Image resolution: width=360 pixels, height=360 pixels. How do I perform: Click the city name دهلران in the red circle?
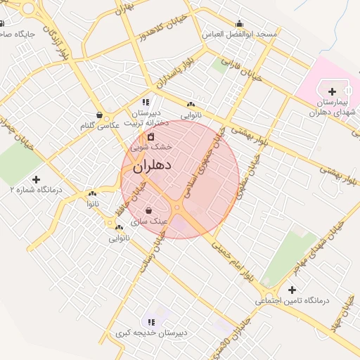[152, 167]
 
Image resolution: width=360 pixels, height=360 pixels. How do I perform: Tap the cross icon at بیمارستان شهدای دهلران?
[332, 91]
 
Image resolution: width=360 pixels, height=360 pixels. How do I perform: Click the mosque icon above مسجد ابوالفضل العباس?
[240, 22]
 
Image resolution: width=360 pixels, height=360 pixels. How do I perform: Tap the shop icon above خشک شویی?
[150, 136]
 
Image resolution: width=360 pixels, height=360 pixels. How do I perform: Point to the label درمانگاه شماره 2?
[36, 190]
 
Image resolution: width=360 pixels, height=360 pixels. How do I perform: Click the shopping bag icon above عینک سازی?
[148, 210]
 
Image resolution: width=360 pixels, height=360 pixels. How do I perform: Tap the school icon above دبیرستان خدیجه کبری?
[150, 322]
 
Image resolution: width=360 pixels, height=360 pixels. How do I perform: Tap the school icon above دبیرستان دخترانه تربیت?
[146, 102]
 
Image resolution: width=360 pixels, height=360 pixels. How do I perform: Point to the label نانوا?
[92, 202]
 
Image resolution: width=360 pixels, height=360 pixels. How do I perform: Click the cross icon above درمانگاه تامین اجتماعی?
[292, 290]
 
